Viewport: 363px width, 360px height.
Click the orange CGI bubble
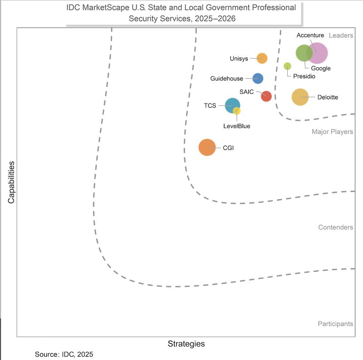[x=207, y=148]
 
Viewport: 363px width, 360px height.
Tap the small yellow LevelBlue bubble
[x=237, y=111]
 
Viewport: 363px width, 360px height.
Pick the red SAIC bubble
[x=266, y=96]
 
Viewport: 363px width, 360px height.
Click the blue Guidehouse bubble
[x=258, y=78]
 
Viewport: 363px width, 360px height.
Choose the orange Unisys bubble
[x=262, y=58]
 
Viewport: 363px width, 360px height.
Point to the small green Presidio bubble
[x=287, y=66]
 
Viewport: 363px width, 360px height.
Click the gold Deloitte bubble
[x=300, y=97]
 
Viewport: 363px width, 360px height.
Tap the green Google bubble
[x=303, y=53]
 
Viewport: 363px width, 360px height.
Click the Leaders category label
[x=341, y=35]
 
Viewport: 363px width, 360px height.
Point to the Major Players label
[x=332, y=132]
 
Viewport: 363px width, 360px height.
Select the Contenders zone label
[x=335, y=227]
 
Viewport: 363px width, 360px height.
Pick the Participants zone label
[x=335, y=324]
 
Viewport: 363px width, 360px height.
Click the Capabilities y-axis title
[x=11, y=182]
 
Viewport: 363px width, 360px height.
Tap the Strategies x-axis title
[x=186, y=344]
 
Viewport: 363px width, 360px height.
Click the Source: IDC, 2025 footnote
[x=64, y=354]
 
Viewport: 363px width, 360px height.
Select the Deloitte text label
[x=328, y=97]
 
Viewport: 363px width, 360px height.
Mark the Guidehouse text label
[x=226, y=79]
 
